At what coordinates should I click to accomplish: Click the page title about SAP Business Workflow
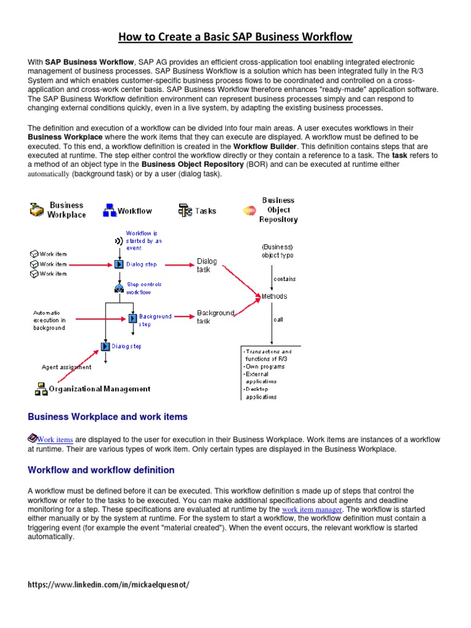pos(235,37)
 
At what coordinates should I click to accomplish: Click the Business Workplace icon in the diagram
pos(37,210)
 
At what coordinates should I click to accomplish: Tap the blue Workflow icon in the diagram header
pos(110,211)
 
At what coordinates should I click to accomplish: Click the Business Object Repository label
pos(278,210)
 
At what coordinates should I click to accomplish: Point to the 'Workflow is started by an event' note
pos(144,240)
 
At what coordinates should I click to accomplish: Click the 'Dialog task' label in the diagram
pos(207,265)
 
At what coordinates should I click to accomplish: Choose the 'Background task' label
pos(215,317)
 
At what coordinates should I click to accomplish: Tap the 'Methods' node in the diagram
pos(274,296)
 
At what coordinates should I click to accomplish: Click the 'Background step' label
pos(155,320)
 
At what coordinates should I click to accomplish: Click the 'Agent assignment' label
pos(66,367)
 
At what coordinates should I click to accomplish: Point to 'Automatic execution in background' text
pos(51,320)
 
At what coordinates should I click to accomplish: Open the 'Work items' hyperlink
pos(55,440)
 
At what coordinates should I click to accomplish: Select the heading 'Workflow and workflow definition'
pos(101,470)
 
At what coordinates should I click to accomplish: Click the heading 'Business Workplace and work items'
pos(108,417)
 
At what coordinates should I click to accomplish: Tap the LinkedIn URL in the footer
pos(109,584)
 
